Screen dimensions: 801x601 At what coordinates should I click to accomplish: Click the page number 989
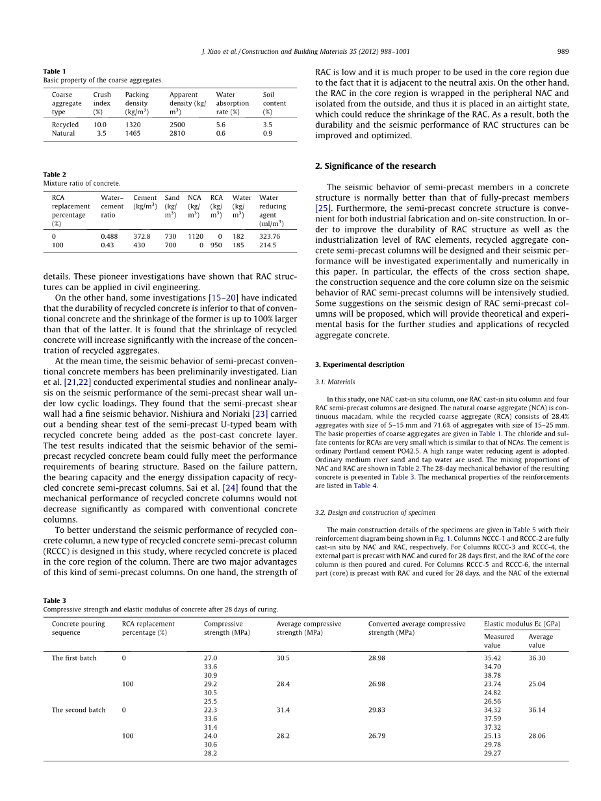point(563,51)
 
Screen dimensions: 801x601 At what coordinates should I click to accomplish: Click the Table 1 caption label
point(55,71)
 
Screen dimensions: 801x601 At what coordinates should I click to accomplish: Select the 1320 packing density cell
point(133,125)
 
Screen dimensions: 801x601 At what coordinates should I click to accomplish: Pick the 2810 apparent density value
point(177,133)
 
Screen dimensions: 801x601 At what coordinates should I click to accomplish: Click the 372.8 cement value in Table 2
point(142,237)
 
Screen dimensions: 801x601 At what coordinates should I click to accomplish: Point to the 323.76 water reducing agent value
point(270,237)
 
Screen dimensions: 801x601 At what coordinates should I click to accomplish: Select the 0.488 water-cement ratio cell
point(109,237)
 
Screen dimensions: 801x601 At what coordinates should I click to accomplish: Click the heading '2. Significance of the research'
point(375,166)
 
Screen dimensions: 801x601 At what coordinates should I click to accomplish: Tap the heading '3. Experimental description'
point(359,365)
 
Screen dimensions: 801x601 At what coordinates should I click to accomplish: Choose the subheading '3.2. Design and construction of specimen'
point(375,513)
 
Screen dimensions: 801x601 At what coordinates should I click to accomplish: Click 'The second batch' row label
point(78,710)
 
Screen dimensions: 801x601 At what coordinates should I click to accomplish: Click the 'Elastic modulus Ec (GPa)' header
point(522,624)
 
